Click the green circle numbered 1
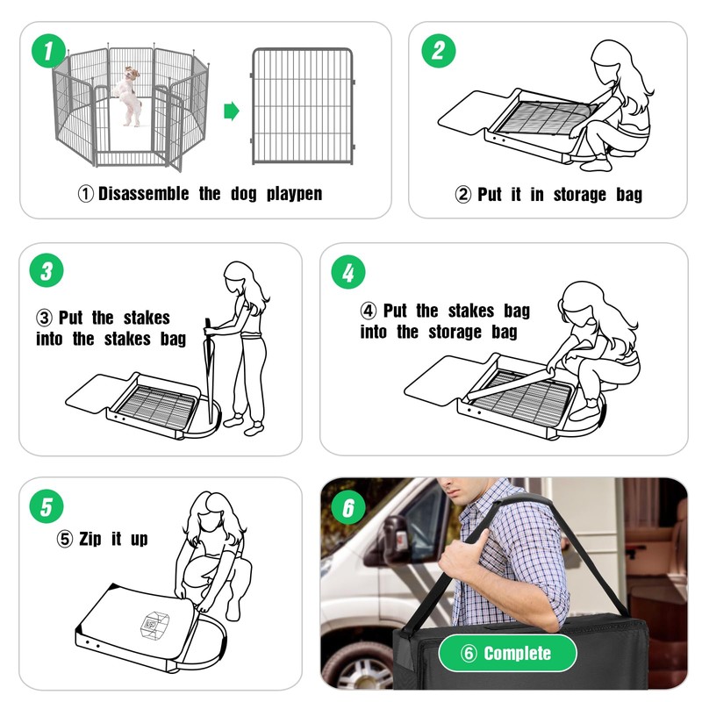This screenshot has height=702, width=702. pyautogui.click(x=48, y=51)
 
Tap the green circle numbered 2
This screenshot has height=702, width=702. pyautogui.click(x=438, y=51)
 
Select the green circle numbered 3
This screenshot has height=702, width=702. pyautogui.click(x=47, y=270)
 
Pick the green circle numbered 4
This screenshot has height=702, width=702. pyautogui.click(x=348, y=272)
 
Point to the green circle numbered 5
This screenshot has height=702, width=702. pyautogui.click(x=47, y=506)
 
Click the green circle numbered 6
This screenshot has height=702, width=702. pyautogui.click(x=348, y=508)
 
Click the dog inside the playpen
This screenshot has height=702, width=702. pyautogui.click(x=128, y=97)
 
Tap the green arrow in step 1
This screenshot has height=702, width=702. pyautogui.click(x=232, y=111)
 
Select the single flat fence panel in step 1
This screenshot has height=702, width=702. pyautogui.click(x=302, y=106)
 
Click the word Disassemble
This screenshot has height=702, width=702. pyautogui.click(x=143, y=194)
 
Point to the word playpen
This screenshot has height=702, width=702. pyautogui.click(x=294, y=194)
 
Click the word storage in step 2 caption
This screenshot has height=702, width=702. pyautogui.click(x=580, y=195)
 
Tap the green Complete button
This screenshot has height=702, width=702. pyautogui.click(x=508, y=653)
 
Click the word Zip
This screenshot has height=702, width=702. pyautogui.click(x=90, y=539)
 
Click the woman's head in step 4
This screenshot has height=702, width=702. pyautogui.click(x=582, y=304)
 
